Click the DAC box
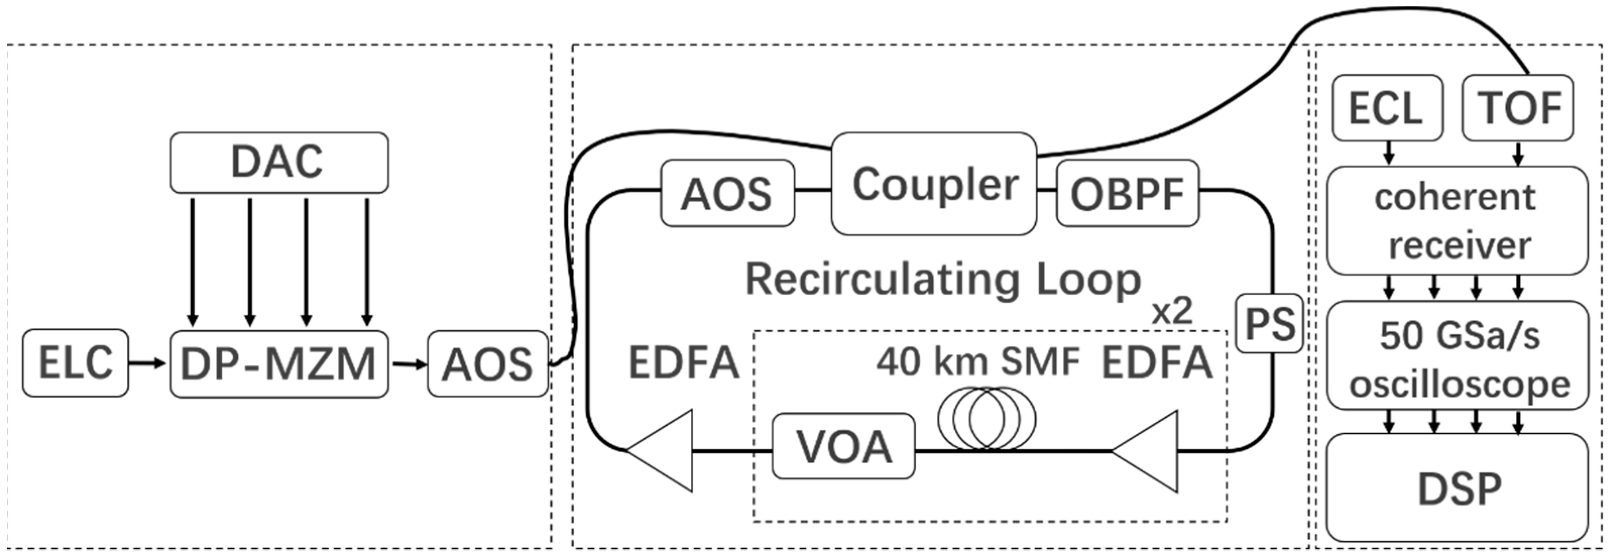click(279, 162)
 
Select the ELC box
click(76, 363)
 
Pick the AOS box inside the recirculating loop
click(727, 193)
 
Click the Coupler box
click(934, 183)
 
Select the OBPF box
click(1127, 193)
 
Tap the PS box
click(1269, 324)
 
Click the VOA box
click(843, 446)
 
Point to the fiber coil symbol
click(986, 419)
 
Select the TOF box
click(1518, 107)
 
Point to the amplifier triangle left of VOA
click(663, 450)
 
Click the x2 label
click(1172, 311)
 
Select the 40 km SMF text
click(978, 362)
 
